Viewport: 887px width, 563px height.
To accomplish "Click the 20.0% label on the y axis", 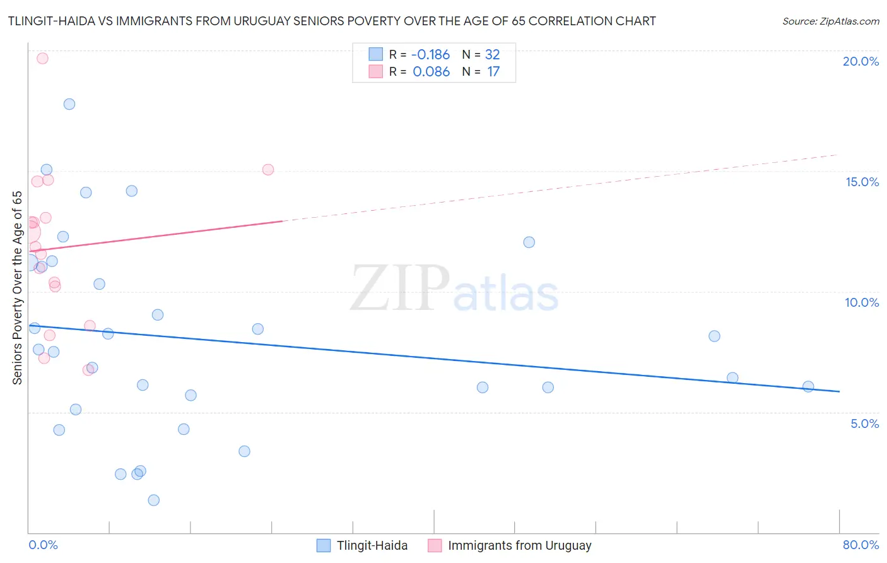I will pos(861,61).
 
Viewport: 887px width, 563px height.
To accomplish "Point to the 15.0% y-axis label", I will pos(862,182).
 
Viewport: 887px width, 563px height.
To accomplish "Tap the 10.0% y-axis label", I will pos(862,302).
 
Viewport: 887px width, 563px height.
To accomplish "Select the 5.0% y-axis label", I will pos(864,424).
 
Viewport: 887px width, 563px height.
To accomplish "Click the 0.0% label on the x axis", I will pos(43,545).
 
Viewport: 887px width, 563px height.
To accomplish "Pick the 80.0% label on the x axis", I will pos(861,545).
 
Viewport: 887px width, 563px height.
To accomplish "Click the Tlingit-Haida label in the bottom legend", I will pos(372,545).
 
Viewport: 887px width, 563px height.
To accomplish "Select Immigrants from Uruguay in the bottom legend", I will pos(519,545).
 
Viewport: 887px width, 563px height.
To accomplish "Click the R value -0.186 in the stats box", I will pos(431,55).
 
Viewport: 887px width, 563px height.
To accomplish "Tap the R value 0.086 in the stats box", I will pos(431,72).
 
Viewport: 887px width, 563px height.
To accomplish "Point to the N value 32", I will pos(492,55).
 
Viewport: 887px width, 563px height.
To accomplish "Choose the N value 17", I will pos(493,72).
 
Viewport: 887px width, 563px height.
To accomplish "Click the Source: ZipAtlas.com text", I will pos(830,21).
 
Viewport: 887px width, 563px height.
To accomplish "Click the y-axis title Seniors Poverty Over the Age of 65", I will pos(18,287).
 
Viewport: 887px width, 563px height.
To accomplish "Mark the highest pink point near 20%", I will pos(42,58).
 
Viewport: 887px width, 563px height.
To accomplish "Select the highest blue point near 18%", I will pos(69,104).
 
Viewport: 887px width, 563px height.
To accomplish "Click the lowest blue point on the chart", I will pos(153,500).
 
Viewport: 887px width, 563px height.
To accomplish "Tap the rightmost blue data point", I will pos(808,386).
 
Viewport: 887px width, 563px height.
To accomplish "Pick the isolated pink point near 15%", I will pos(268,169).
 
